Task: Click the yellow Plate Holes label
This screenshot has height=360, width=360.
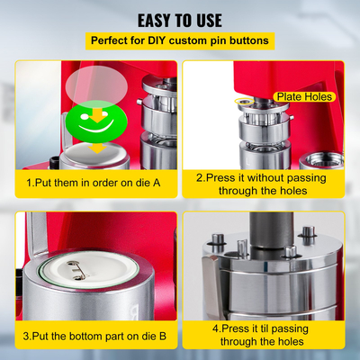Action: pos(305,96)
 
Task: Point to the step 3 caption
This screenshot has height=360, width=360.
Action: pos(94,336)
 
